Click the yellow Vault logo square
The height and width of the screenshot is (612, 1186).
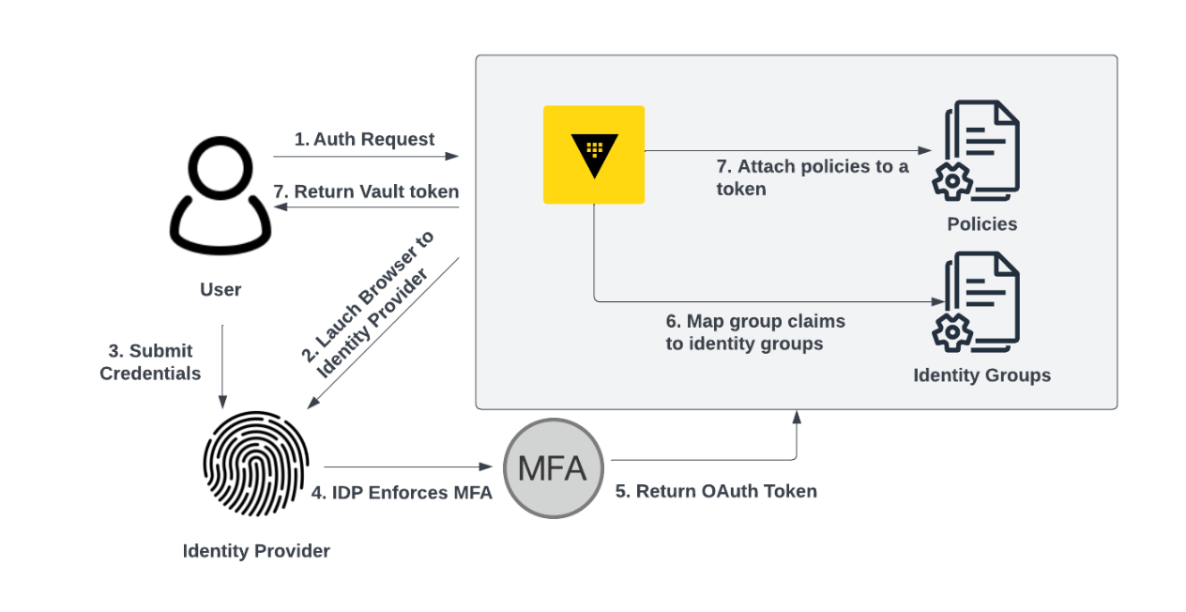[594, 155]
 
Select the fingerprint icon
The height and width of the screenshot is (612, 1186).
[255, 466]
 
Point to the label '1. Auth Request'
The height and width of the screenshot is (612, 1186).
[364, 139]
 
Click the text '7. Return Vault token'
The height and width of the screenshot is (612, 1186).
[366, 191]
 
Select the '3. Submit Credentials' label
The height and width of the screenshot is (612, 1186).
[150, 361]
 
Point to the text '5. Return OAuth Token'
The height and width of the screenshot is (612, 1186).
[716, 491]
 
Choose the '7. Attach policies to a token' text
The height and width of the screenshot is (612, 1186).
[813, 177]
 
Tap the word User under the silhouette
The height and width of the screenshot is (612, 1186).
[220, 289]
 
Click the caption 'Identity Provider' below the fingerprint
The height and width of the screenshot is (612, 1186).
[256, 551]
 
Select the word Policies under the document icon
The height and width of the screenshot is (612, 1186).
[981, 223]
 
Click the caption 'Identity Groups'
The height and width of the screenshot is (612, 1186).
[981, 375]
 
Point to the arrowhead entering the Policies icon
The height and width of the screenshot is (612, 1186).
[925, 150]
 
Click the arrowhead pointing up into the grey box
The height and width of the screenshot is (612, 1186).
[797, 416]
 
